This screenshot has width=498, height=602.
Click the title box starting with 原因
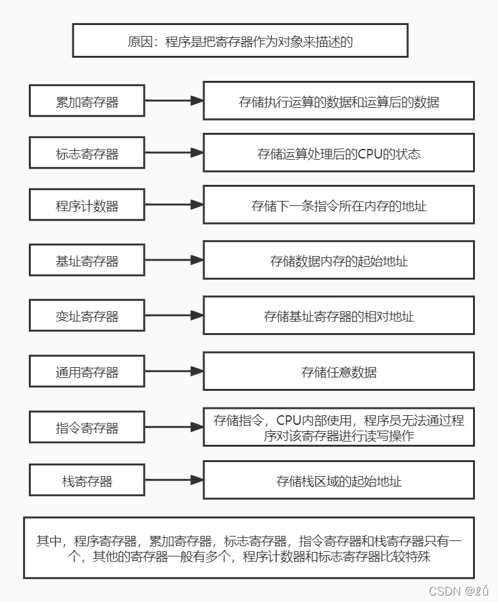point(240,42)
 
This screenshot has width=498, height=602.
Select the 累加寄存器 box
point(87,101)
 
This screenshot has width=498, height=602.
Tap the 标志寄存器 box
point(87,153)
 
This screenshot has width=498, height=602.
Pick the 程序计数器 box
point(87,205)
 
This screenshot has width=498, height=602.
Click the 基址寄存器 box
point(87,261)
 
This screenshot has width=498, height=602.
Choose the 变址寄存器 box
point(87,316)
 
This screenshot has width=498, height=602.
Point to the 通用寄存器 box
point(87,372)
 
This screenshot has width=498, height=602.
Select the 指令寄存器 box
point(87,427)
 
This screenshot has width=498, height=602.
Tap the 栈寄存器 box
point(87,481)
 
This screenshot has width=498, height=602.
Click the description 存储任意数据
point(338,372)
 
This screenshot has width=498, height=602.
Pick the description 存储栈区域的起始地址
point(338,481)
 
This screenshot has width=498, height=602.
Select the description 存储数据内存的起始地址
point(338,261)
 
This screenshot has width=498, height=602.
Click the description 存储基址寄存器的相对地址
point(338,316)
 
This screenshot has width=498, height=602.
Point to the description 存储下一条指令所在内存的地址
point(338,205)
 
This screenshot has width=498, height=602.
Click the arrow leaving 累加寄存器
point(174,101)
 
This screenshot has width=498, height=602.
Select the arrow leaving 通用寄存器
point(174,372)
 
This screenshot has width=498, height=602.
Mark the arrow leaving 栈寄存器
point(174,481)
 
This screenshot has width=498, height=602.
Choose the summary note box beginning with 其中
point(249,548)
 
